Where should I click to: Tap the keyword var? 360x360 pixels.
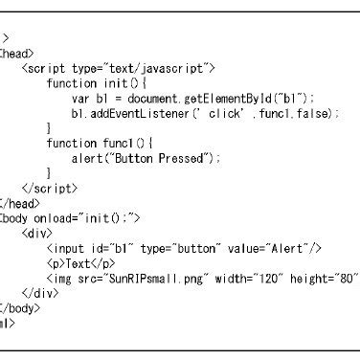coord(80,99)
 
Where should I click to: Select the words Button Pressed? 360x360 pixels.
coord(159,157)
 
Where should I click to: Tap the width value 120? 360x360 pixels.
coord(253,277)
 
